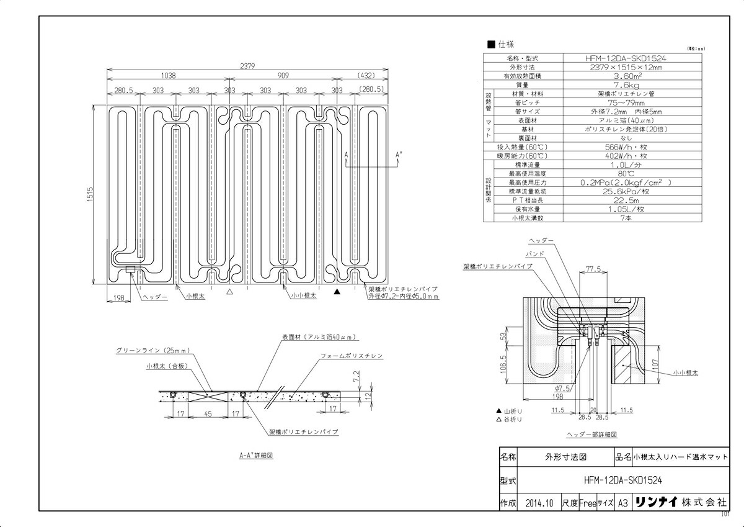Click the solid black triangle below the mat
(x=337, y=291)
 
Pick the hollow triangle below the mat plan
(x=229, y=291)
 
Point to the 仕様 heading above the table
(x=505, y=44)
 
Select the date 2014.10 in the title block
(x=538, y=503)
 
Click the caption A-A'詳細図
(x=256, y=455)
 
